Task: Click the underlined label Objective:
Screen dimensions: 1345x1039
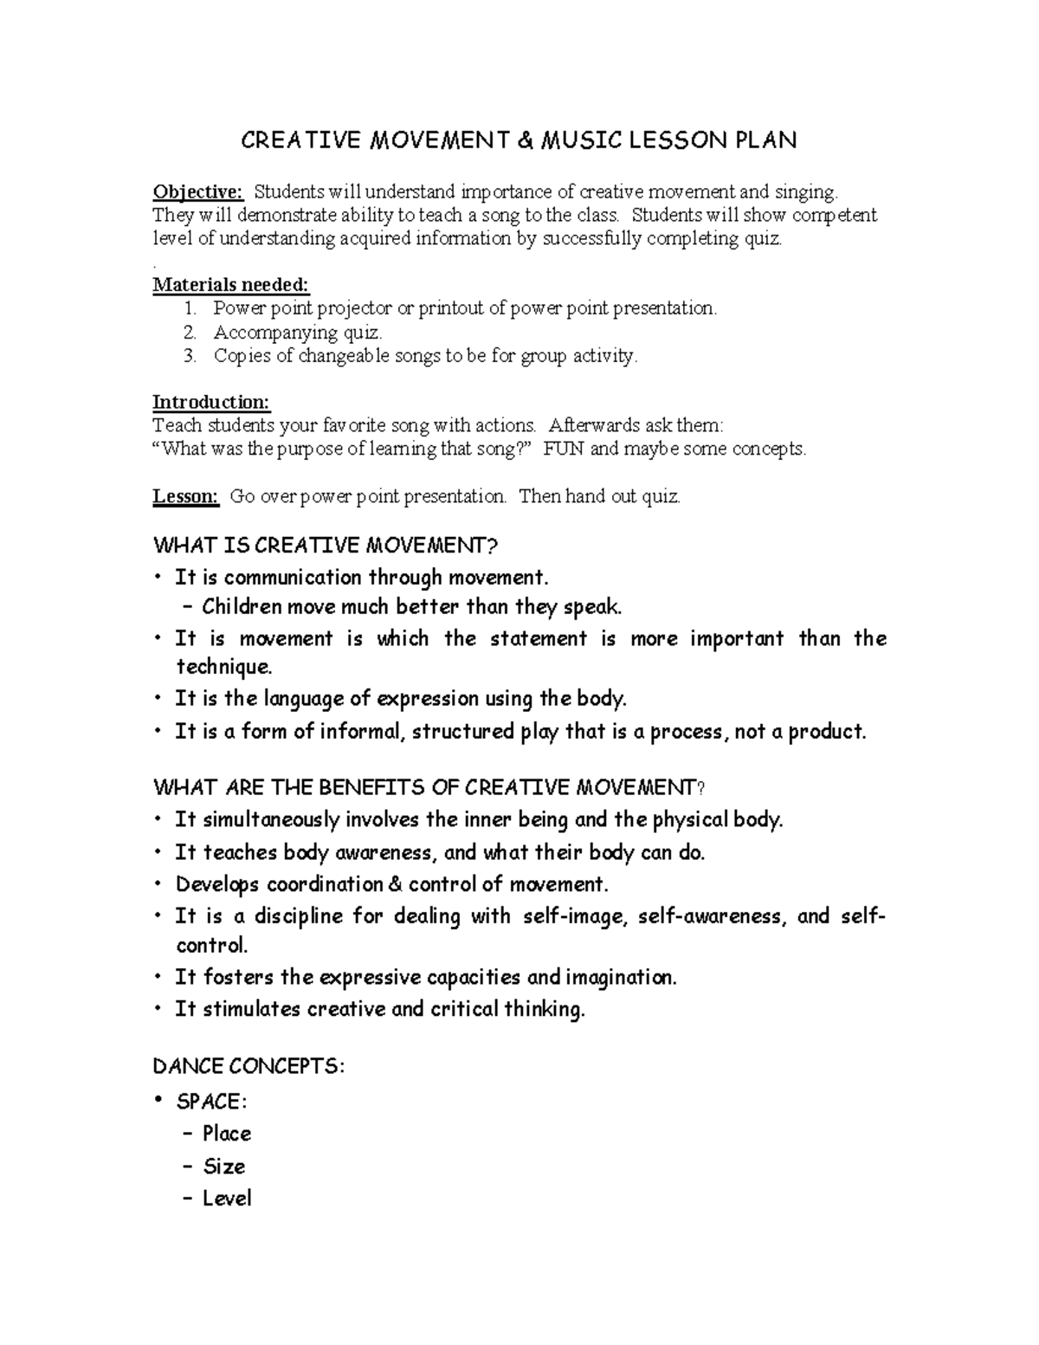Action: point(198,191)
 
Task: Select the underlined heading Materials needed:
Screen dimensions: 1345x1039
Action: point(230,285)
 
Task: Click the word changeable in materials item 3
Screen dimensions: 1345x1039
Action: point(344,356)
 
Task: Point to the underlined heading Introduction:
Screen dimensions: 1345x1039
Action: point(211,402)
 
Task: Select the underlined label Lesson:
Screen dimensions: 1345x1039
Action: point(185,496)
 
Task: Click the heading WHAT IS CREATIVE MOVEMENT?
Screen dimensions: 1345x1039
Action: point(326,546)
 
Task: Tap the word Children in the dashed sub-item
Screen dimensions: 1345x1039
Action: point(242,606)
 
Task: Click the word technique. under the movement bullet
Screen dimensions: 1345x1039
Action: point(224,667)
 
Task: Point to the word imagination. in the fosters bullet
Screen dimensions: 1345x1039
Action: point(621,978)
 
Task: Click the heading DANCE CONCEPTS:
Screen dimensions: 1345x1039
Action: point(248,1066)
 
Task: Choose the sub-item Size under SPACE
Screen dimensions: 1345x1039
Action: point(224,1167)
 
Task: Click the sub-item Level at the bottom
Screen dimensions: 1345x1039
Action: point(227,1199)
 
